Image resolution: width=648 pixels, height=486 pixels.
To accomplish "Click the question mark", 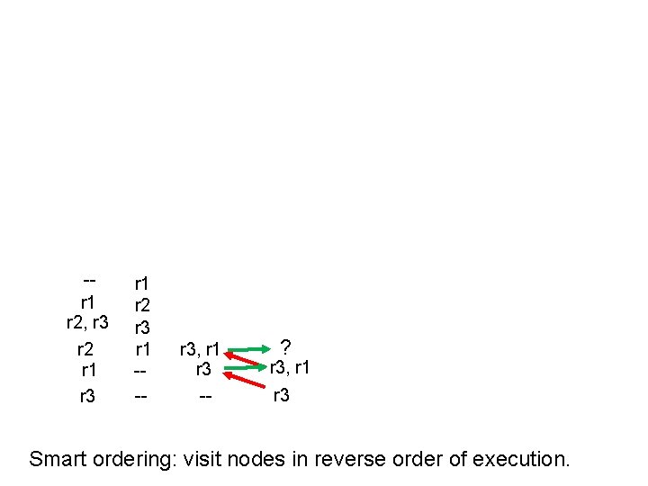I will click(x=285, y=346).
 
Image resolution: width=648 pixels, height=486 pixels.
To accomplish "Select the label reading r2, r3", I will click(x=88, y=323).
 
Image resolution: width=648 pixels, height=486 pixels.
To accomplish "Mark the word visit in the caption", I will click(x=201, y=459).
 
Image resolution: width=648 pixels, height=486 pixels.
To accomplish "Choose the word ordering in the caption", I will click(x=136, y=459).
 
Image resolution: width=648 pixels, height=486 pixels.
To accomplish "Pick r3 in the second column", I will click(x=142, y=326).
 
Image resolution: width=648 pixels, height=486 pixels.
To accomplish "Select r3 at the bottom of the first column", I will click(x=87, y=395).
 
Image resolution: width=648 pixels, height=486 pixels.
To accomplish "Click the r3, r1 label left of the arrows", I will click(x=200, y=348).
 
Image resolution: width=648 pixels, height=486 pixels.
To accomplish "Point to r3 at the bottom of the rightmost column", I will click(x=281, y=394).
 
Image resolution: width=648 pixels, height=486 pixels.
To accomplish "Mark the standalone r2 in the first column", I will click(x=87, y=348).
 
